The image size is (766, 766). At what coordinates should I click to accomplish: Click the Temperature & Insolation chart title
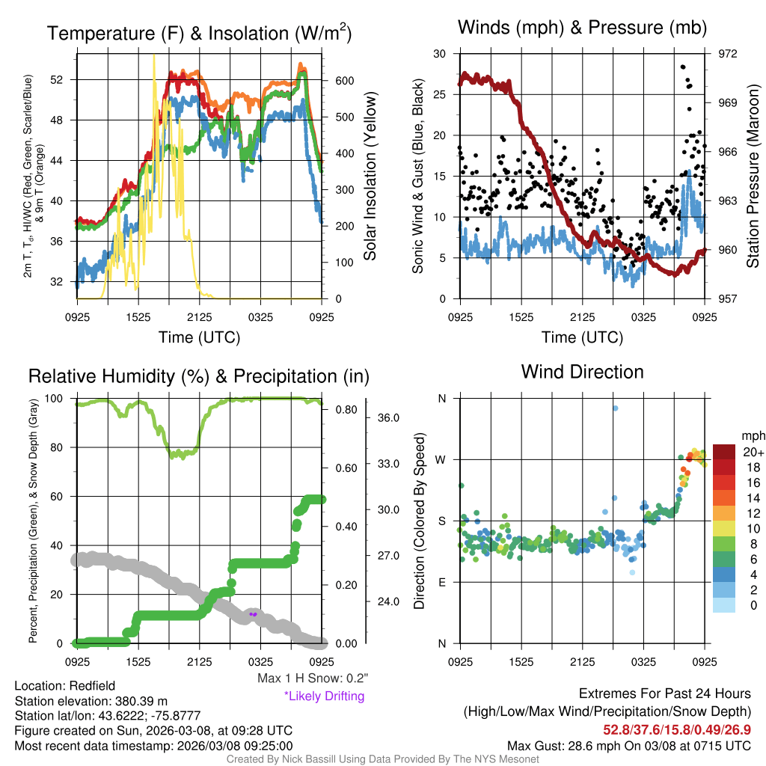tap(199, 34)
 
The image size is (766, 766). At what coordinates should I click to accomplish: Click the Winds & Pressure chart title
tap(582, 28)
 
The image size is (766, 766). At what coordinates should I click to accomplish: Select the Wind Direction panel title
tap(582, 371)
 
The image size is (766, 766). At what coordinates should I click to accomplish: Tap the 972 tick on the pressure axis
tap(728, 54)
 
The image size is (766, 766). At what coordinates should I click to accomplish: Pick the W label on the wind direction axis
tap(441, 459)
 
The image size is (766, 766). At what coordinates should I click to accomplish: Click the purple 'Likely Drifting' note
tap(324, 696)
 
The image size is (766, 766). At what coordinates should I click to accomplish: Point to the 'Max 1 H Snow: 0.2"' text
tap(312, 678)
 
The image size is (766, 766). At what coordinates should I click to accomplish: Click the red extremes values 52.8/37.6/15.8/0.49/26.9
tap(677, 729)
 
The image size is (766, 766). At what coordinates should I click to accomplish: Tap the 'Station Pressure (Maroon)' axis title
tap(753, 177)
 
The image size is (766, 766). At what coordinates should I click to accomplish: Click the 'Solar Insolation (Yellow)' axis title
tap(370, 177)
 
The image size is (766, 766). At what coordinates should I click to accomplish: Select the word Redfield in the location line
tap(91, 686)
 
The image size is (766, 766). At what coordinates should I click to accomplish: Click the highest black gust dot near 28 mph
tap(682, 67)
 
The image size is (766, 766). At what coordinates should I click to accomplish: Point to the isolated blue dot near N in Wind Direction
tap(615, 408)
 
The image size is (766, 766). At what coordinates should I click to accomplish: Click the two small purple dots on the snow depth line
tap(253, 614)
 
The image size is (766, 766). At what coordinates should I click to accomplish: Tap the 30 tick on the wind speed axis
tap(441, 54)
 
